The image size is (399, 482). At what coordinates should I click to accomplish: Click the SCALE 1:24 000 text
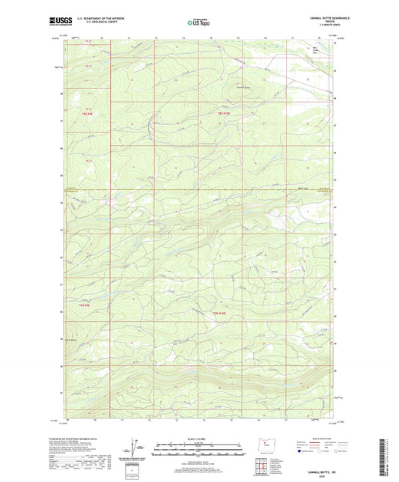pyautogui.click(x=198, y=439)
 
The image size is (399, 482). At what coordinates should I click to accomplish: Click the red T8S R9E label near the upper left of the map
pyautogui.click(x=86, y=113)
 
